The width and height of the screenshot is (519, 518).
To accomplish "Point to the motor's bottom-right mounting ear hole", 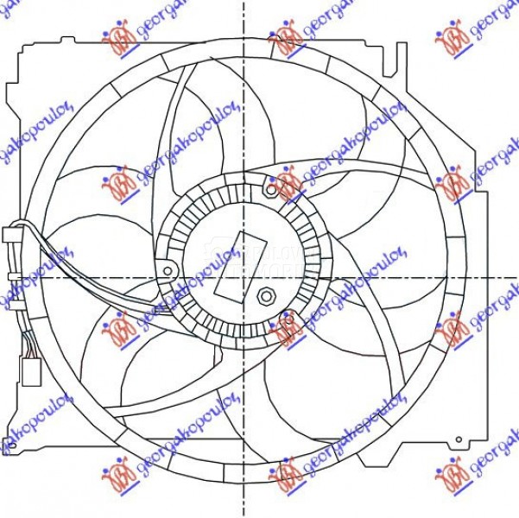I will [286, 327].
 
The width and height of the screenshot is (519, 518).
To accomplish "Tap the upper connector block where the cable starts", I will [12, 234].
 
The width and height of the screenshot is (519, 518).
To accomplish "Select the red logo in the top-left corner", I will [118, 38].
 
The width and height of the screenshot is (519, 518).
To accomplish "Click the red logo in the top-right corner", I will [451, 38].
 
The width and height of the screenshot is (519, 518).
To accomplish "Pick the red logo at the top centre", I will [286, 38].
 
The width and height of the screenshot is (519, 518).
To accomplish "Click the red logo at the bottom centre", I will [286, 474].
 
